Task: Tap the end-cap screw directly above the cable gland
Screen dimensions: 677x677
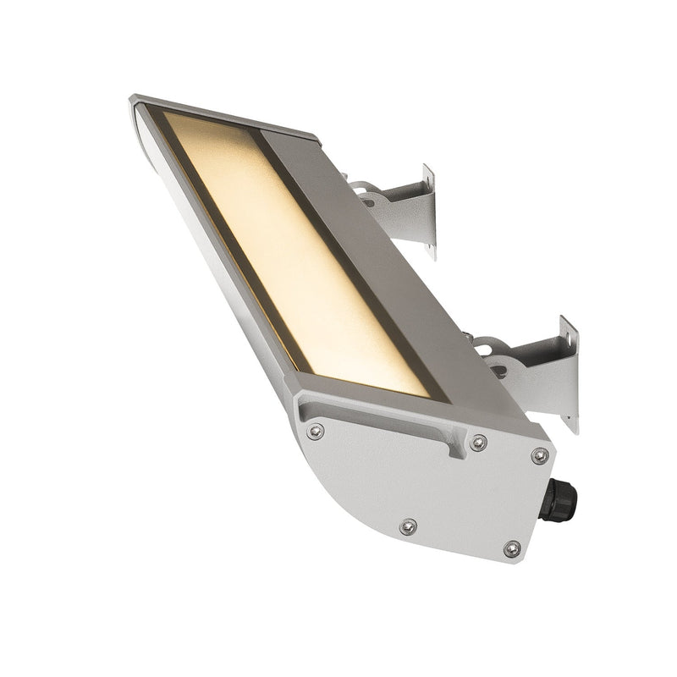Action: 539,456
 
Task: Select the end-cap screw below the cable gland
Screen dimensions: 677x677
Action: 512,550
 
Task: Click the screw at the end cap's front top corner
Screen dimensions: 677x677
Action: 315,432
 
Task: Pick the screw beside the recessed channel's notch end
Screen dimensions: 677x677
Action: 478,443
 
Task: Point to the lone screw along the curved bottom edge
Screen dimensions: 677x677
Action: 408,526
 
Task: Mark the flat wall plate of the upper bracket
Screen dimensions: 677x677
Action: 428,212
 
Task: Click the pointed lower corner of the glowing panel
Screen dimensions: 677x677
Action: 427,394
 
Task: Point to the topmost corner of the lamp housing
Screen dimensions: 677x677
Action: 134,99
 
